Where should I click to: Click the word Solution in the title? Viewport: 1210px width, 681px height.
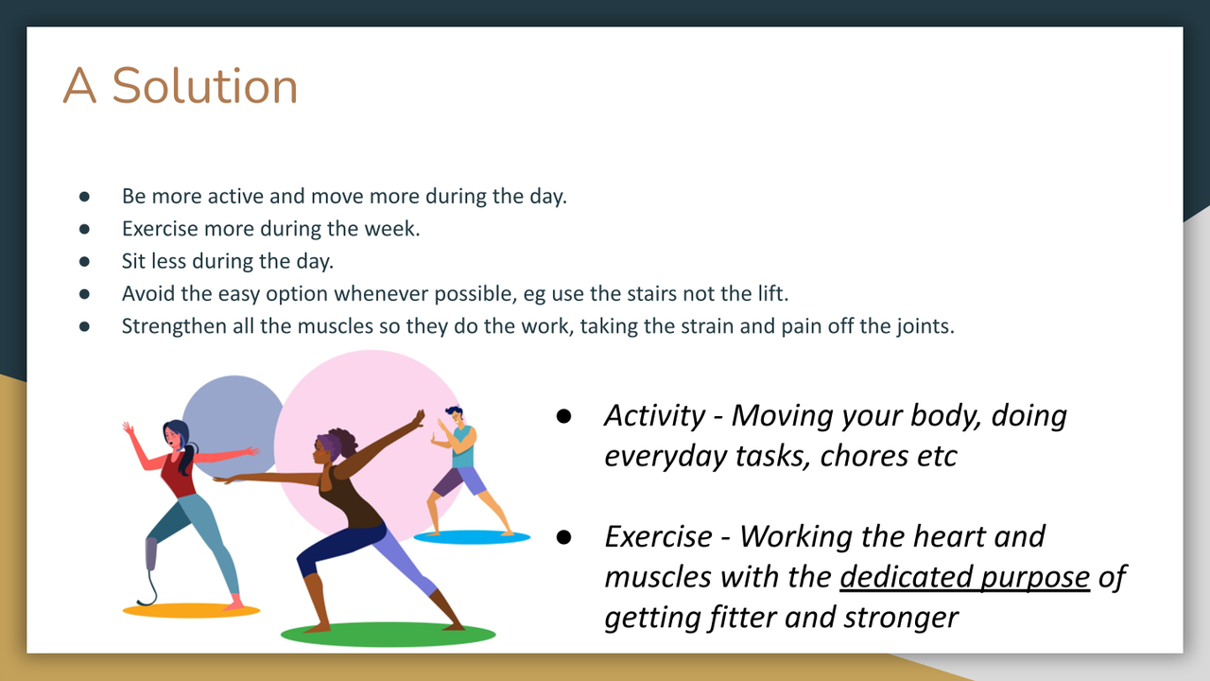pyautogui.click(x=205, y=85)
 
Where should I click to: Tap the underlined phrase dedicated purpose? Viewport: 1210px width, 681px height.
pyautogui.click(x=965, y=577)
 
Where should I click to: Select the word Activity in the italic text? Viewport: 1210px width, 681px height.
pyautogui.click(x=655, y=415)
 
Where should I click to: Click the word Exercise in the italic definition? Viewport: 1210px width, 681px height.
pyautogui.click(x=659, y=536)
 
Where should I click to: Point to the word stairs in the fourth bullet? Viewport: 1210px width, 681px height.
pyautogui.click(x=652, y=293)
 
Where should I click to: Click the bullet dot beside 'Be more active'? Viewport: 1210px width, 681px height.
pyautogui.click(x=84, y=196)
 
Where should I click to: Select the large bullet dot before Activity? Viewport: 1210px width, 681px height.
pyautogui.click(x=563, y=415)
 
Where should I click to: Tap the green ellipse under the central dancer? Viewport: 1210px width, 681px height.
pyautogui.click(x=388, y=635)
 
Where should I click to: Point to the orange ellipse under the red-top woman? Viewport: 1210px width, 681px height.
pyautogui.click(x=191, y=610)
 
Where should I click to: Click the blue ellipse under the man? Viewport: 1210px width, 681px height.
pyautogui.click(x=472, y=537)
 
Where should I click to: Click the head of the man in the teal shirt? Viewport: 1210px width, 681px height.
pyautogui.click(x=455, y=416)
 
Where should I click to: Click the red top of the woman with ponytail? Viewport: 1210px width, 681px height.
pyautogui.click(x=178, y=475)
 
